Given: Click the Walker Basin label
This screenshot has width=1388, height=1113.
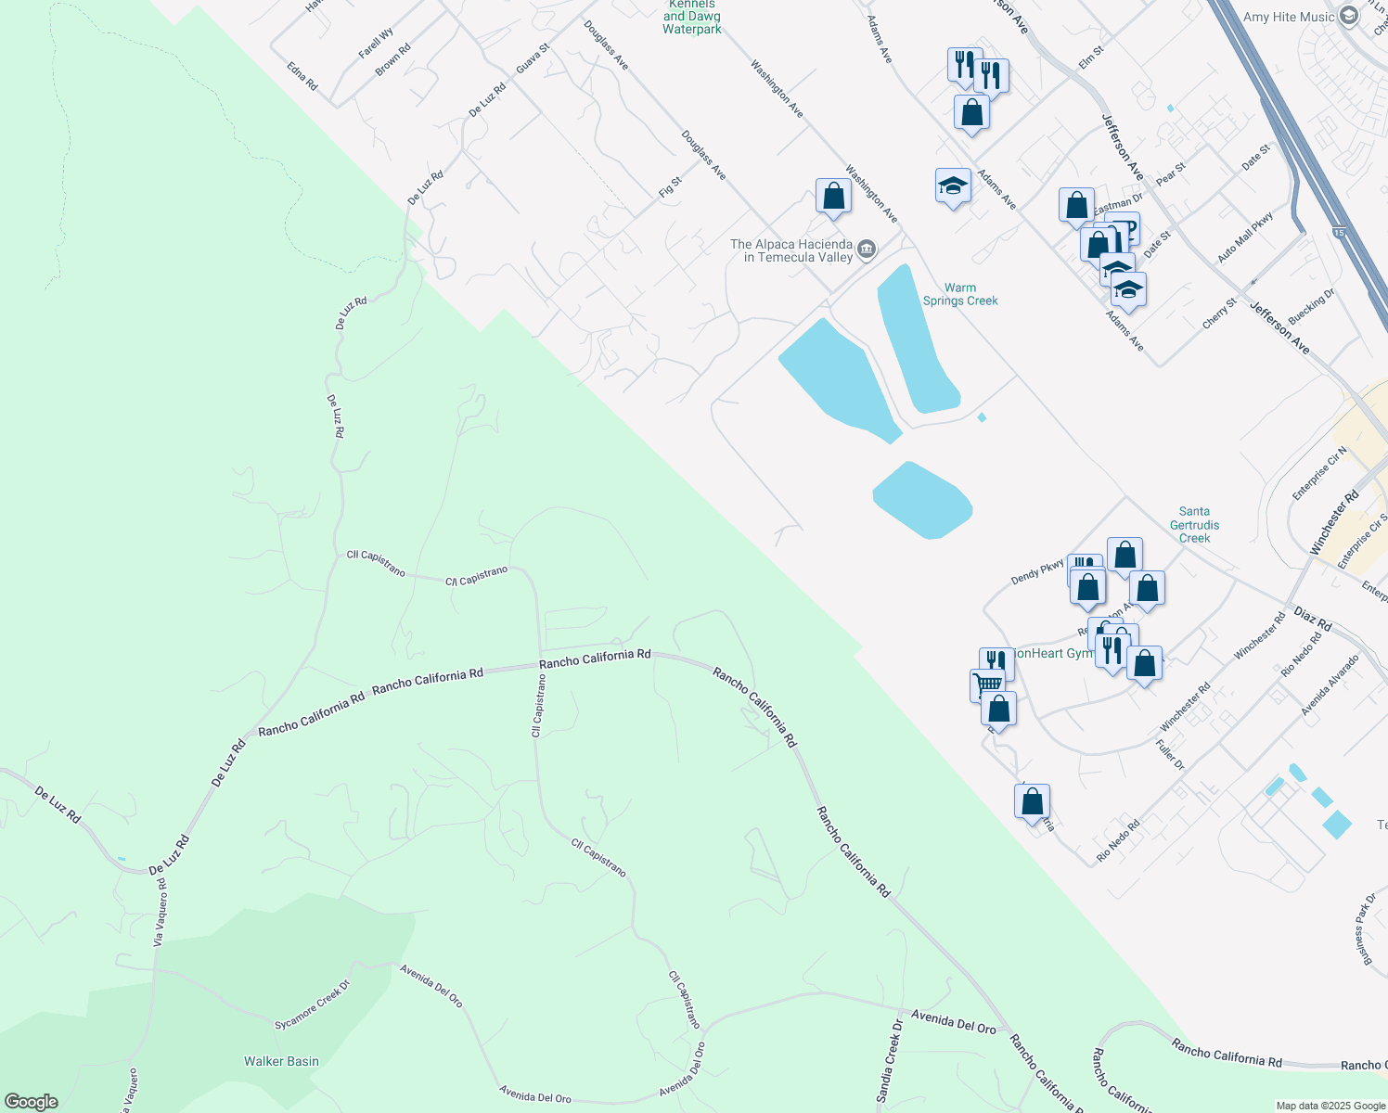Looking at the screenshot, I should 281,1061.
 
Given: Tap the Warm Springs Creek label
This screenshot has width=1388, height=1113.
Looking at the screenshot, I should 960,294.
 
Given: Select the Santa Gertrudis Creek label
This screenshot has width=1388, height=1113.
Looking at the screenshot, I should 1194,525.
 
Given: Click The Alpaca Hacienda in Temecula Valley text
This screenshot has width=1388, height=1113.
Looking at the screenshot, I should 790,250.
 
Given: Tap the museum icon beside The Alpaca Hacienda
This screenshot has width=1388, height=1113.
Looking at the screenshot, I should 867,249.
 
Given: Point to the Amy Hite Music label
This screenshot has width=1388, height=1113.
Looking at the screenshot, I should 1289,17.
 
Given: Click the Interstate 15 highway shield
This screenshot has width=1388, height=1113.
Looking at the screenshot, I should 1339,231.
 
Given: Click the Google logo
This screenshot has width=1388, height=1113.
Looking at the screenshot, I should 32,1102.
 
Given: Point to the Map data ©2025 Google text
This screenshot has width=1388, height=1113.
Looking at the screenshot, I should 1330,1106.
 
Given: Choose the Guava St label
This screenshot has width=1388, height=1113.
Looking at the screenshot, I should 533,58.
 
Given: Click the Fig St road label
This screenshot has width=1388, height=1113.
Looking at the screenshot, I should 670,186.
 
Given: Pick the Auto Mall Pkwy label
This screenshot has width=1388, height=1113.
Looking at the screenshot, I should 1245,237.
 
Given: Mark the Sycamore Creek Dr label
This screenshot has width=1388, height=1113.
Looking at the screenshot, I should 313,1005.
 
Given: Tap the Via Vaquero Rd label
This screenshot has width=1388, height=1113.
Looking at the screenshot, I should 161,913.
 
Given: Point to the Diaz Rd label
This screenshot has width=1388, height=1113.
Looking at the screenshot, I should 1313,620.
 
